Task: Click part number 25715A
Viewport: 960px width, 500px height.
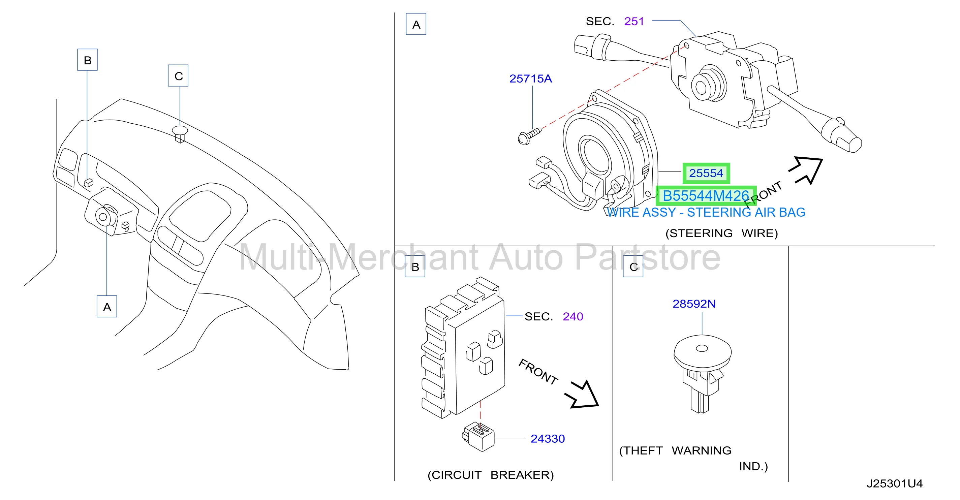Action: point(530,79)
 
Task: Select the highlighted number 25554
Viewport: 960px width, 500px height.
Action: point(706,173)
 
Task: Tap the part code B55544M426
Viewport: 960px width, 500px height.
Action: point(706,196)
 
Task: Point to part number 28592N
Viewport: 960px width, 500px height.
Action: point(694,304)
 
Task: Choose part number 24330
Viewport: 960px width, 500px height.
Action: point(548,439)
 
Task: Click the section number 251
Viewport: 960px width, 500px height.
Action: point(634,21)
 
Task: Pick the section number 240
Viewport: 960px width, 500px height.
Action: point(573,316)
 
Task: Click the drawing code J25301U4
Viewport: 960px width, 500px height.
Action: point(894,483)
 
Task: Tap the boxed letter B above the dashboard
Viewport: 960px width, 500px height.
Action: point(88,60)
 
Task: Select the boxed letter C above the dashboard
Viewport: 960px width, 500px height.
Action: point(178,75)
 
